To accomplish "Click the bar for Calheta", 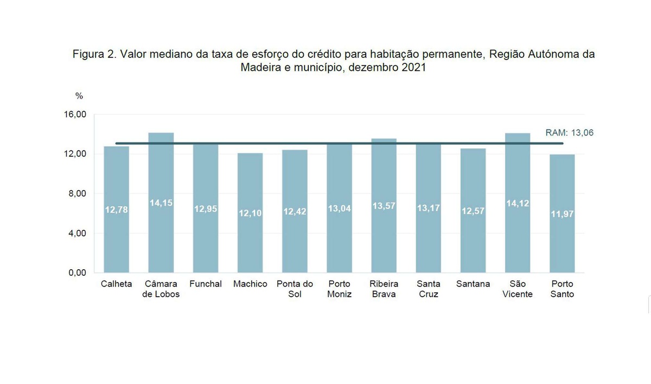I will [117, 227].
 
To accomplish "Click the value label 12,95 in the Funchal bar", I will [206, 209].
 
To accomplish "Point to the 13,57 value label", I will [384, 206].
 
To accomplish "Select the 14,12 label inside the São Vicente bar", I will [517, 203].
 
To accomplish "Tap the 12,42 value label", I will [295, 212].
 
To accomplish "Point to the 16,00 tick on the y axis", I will [75, 115].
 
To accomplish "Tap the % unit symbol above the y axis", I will [79, 96].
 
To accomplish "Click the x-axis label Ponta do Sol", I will [295, 289].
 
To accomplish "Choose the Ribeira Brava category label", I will [384, 289].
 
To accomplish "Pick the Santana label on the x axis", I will [473, 284].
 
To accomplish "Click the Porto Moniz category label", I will [339, 289].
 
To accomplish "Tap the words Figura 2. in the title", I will [94, 55].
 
